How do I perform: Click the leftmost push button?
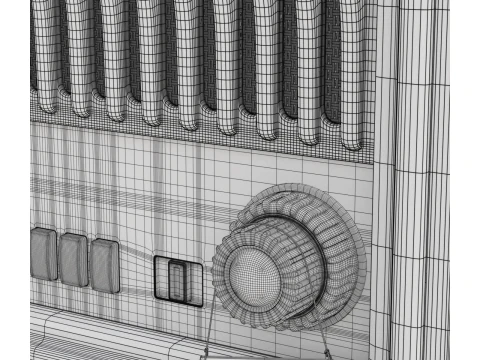click(x=44, y=254)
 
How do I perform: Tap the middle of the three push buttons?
click(x=74, y=259)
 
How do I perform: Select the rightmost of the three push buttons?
click(x=104, y=263)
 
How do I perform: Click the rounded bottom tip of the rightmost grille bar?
click(x=351, y=140)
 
